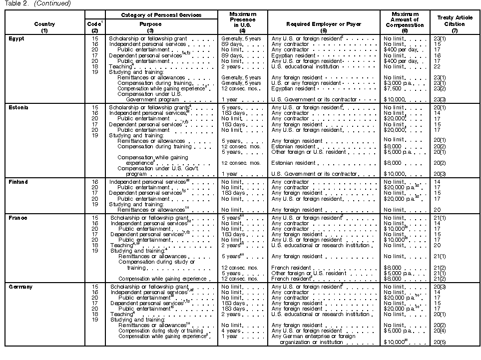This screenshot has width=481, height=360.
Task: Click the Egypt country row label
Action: coord(16,38)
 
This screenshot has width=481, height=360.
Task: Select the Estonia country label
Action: coord(18,107)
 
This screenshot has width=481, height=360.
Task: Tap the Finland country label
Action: coord(18,182)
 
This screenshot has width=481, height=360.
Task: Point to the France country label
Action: coord(18,218)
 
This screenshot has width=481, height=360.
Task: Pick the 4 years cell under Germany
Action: coord(230,331)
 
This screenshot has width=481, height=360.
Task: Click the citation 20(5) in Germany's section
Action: coord(440,342)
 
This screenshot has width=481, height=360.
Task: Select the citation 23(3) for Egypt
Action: coord(440,100)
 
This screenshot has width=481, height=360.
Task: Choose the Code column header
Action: coord(95,23)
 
